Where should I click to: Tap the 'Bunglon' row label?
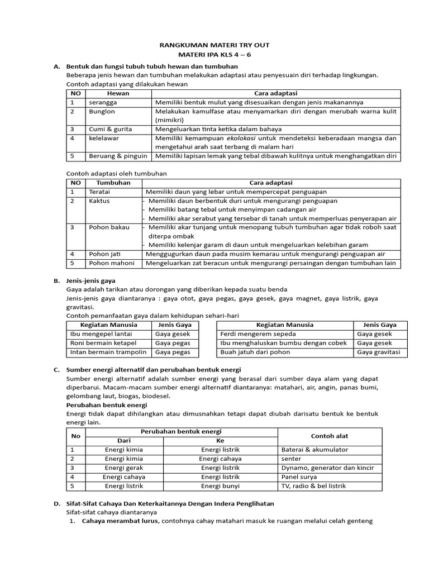pos(100,111)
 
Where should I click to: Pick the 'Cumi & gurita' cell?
pos(107,129)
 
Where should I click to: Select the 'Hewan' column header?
pos(118,93)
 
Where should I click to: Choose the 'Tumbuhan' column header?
pos(113,183)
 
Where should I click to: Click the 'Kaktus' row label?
pos(99,201)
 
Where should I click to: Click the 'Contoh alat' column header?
pos(330,436)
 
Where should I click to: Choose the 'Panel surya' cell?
pos(300,477)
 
